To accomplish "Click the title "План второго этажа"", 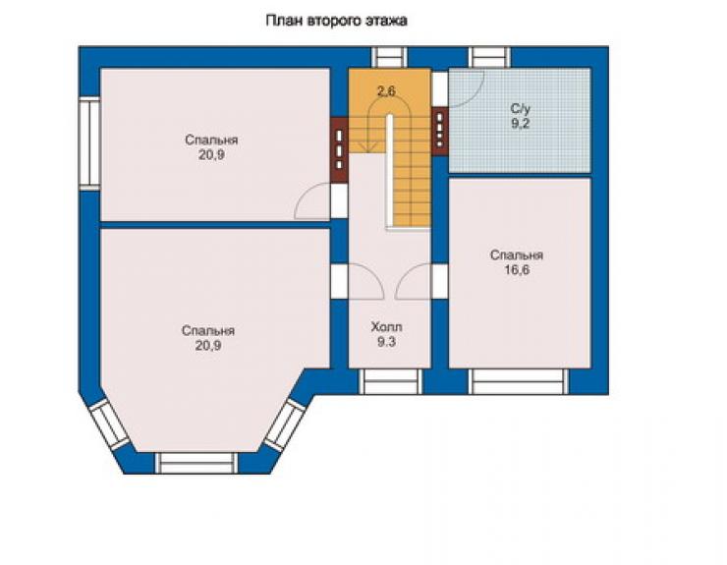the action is click(337, 21).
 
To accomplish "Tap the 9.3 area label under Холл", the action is click(386, 342).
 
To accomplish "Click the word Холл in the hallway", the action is click(386, 327).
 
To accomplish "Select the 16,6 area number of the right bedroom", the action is click(517, 270).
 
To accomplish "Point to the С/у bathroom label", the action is click(521, 109).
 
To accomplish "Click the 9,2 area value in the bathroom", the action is click(521, 124).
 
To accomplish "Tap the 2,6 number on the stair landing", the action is click(386, 91).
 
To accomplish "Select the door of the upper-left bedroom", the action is click(313, 200).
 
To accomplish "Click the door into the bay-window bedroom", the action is click(366, 281).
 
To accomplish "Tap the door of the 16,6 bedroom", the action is click(414, 281).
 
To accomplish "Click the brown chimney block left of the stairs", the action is click(339, 149).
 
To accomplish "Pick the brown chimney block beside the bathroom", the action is click(439, 128).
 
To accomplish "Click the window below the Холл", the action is click(390, 381).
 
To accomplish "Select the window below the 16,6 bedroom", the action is click(519, 381).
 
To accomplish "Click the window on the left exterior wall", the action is click(89, 143).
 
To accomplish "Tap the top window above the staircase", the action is click(389, 58).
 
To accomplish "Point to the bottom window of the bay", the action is click(196, 463).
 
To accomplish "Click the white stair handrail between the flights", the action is click(390, 172).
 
